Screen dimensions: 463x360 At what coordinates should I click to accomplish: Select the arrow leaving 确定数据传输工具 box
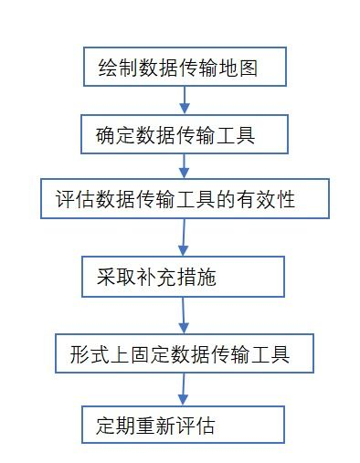[x=185, y=166]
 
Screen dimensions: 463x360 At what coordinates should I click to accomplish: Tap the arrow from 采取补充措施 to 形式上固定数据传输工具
[x=183, y=315]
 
